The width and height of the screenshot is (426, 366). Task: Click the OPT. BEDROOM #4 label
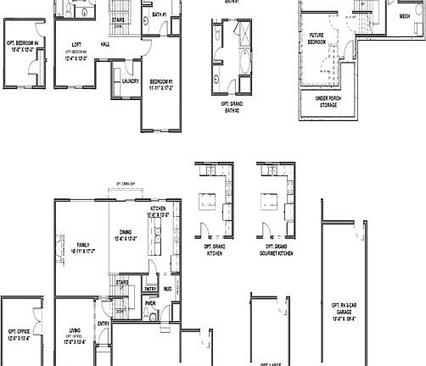[24, 47]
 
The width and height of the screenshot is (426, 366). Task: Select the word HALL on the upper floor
[104, 44]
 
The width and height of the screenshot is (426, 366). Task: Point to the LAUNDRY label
[130, 81]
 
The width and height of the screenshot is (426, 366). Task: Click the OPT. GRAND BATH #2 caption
[227, 108]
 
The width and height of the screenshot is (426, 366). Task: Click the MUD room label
[168, 290]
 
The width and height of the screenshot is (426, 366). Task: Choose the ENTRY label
[104, 323]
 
